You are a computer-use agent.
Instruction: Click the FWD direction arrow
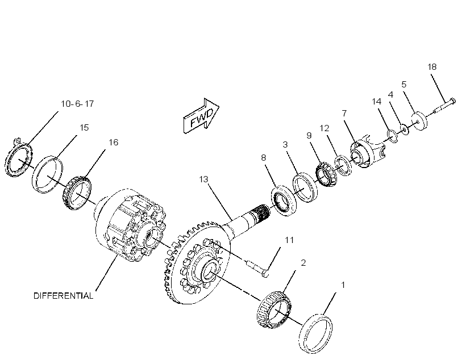[201, 115]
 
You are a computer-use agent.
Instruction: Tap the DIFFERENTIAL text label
[63, 296]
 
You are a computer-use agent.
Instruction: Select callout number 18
[432, 67]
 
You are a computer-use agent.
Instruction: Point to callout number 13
[203, 179]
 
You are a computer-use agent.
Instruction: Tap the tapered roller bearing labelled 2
[274, 310]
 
